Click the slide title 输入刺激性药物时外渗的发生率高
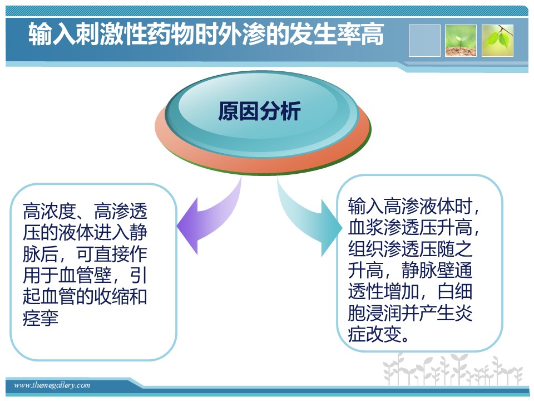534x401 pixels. click(206, 34)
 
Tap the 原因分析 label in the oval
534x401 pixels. click(259, 111)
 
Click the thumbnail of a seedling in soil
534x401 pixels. click(461, 41)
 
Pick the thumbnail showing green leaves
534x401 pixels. click(497, 41)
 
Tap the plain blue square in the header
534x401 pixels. click(424, 41)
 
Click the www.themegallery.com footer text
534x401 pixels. click(52, 385)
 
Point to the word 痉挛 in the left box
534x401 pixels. click(41, 318)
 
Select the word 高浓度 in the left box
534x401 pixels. click(50, 212)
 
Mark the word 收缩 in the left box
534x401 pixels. click(112, 296)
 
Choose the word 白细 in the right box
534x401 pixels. click(454, 291)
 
